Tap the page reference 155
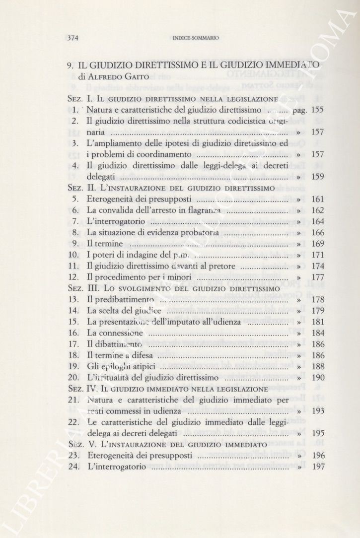click(318, 110)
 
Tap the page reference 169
click(318, 243)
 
